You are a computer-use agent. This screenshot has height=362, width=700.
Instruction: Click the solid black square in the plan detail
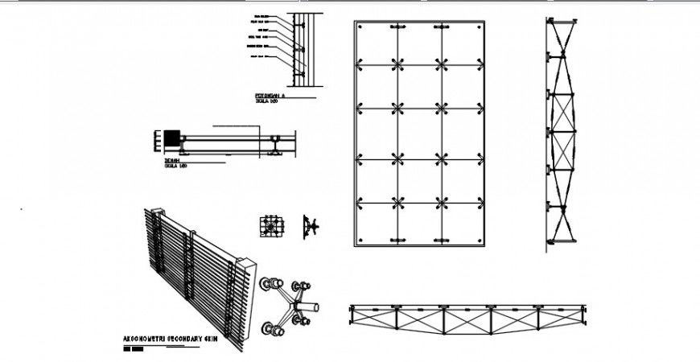click(x=172, y=138)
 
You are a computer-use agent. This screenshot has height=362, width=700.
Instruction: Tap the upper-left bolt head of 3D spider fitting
click(x=268, y=283)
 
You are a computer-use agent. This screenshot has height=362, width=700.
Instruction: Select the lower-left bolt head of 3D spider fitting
click(x=268, y=329)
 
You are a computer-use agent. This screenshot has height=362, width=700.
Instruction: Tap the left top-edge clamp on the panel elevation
click(x=397, y=28)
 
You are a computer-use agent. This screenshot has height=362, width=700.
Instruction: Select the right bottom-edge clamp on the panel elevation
click(x=441, y=240)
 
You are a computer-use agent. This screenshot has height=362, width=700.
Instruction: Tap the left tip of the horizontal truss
click(x=352, y=308)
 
